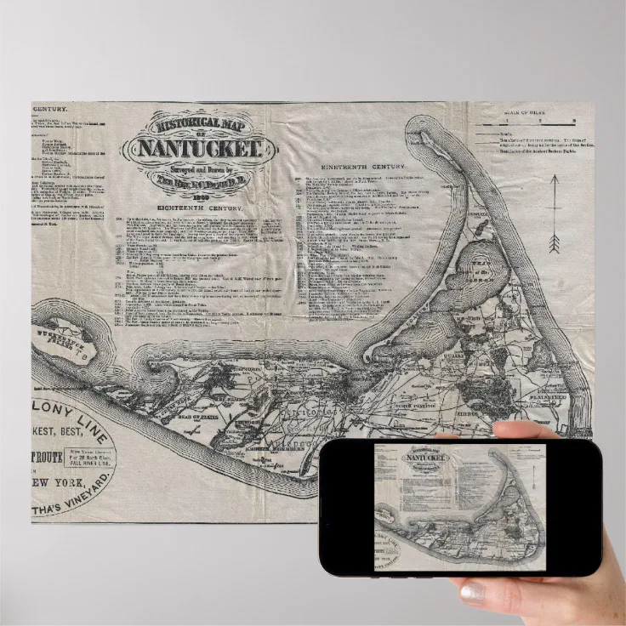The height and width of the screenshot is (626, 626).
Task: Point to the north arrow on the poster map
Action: click(554, 213)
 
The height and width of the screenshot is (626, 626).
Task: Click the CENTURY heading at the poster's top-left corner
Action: click(50, 109)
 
